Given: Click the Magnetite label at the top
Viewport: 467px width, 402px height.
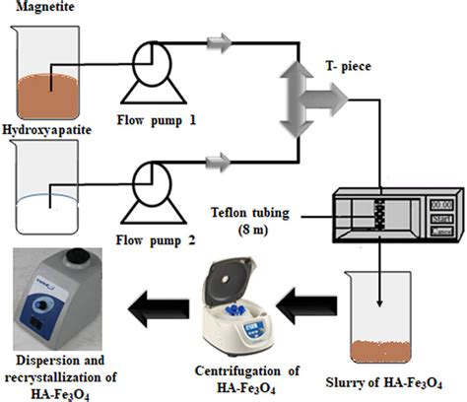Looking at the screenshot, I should coord(35,8).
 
